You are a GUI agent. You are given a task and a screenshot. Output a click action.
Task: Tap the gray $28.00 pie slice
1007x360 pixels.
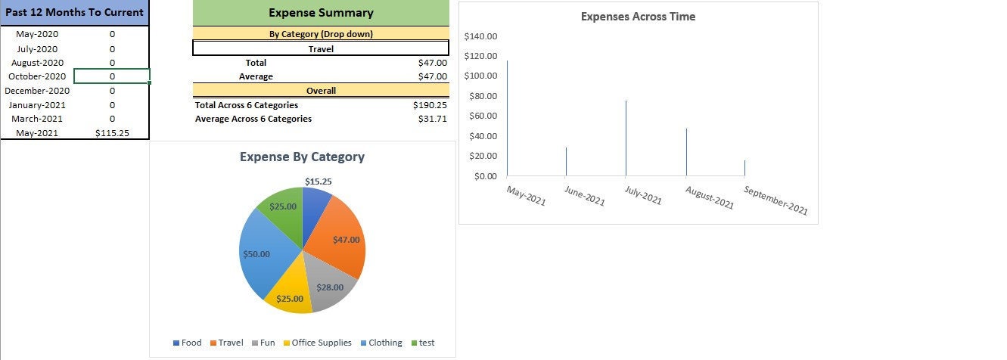(x=330, y=287)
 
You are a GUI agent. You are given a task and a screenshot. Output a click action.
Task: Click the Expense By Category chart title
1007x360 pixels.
(x=302, y=157)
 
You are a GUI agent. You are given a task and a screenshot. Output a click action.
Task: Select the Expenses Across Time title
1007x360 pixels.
(x=638, y=17)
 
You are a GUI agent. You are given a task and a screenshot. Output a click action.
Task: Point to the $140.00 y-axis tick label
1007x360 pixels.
(x=480, y=36)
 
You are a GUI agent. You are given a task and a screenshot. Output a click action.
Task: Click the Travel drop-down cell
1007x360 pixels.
(x=321, y=48)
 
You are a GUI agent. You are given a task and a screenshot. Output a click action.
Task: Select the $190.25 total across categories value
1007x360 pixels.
(x=432, y=105)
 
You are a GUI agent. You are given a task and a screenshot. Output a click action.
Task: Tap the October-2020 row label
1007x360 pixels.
(x=37, y=76)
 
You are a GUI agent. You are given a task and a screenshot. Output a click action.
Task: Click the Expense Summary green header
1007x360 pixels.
(x=321, y=13)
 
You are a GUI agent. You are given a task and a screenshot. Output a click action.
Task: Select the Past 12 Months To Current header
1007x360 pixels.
(x=74, y=13)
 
